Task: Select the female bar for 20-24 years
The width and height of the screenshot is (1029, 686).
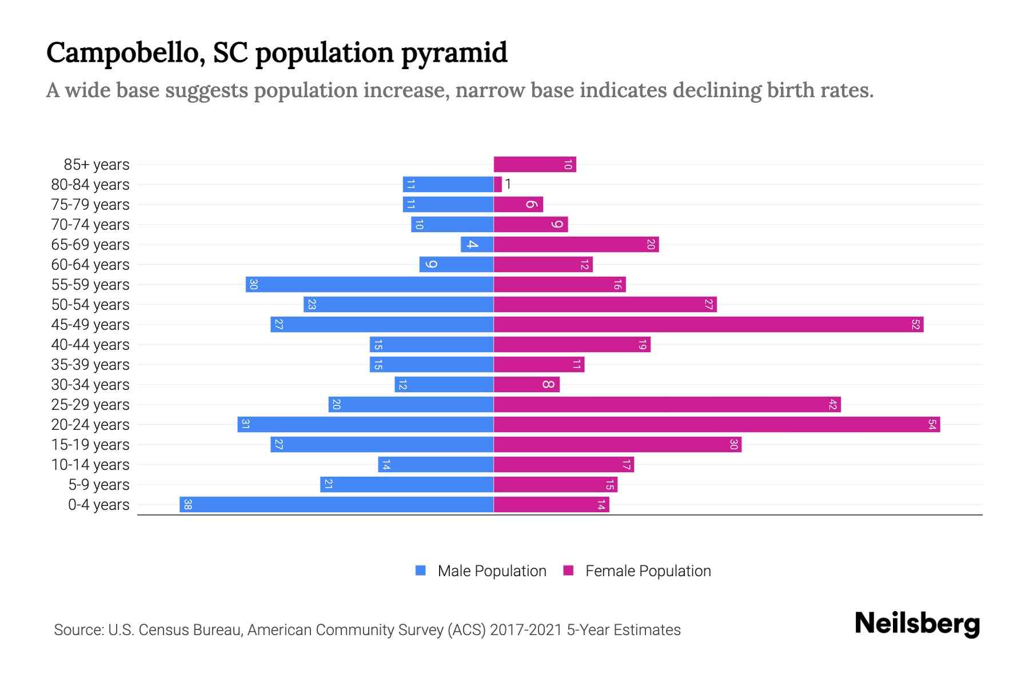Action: point(716,424)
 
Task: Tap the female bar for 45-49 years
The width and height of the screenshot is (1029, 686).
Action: point(708,324)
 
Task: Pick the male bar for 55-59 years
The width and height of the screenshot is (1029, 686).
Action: point(369,284)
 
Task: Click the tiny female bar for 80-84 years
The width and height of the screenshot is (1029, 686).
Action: point(497,184)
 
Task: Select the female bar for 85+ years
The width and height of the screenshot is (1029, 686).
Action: point(535,164)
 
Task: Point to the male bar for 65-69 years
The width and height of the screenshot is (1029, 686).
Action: point(477,244)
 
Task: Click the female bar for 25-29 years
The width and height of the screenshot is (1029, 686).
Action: point(667,404)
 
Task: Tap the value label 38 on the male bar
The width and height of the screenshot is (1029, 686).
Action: point(188,504)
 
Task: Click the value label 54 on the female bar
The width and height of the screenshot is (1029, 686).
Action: point(932,424)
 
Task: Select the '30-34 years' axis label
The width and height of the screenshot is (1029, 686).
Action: point(90,384)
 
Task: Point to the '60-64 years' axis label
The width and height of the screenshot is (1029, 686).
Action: point(90,264)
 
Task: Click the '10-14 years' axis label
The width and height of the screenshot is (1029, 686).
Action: point(90,464)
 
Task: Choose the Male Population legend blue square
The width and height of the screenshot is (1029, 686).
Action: point(421,571)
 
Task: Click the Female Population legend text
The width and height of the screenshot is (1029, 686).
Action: point(648,571)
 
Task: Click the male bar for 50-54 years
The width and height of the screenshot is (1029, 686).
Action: point(398,304)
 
